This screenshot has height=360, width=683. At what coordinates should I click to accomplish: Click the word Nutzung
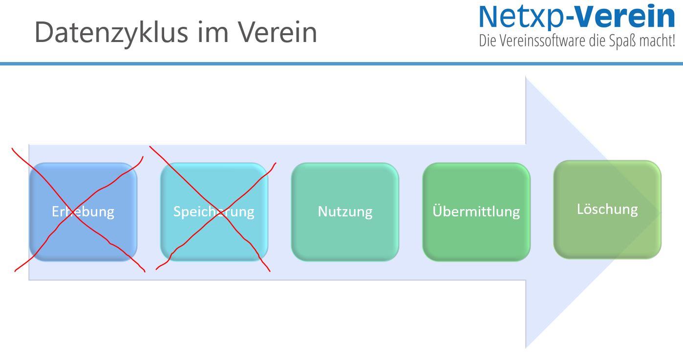click(x=345, y=212)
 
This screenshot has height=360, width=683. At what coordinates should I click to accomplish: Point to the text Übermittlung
click(x=476, y=212)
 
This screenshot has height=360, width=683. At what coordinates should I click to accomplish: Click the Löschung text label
click(x=607, y=209)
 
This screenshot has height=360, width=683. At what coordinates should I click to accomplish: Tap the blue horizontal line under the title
click(x=341, y=64)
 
